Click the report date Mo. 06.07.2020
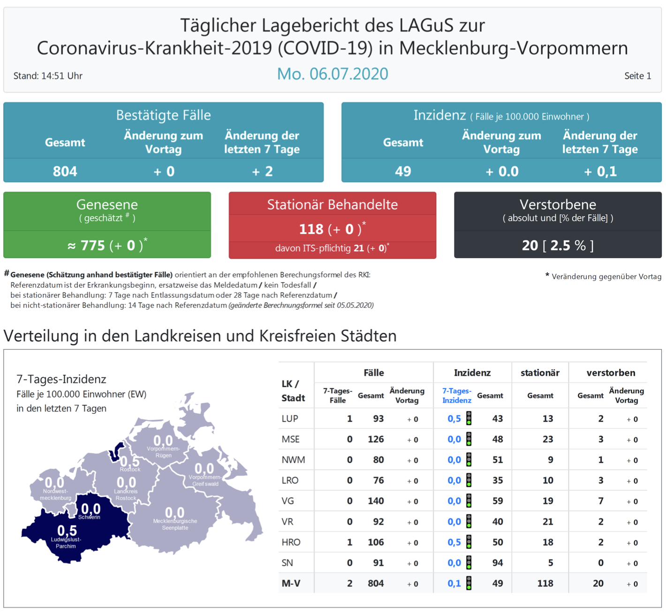pos(333,74)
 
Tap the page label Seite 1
pos(637,76)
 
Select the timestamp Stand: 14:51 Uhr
pos(48,76)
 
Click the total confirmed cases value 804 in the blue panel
pos(65,172)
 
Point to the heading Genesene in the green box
pos(107,204)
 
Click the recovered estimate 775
pos(92,245)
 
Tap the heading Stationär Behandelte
pos(332,204)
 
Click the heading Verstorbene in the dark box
pos(558,204)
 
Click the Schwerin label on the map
pos(89,517)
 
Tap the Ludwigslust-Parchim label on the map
pos(66,543)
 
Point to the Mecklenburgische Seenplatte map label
pos(175,524)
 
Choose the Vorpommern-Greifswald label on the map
pos(205,480)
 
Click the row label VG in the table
pos(288,501)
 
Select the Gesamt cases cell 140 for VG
pos(376,501)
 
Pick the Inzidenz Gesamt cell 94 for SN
pos(497,563)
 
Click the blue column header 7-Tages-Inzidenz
pos(456,396)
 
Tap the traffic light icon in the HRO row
pos(469,542)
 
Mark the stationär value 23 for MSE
pos(547,439)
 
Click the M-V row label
pos(291,584)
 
